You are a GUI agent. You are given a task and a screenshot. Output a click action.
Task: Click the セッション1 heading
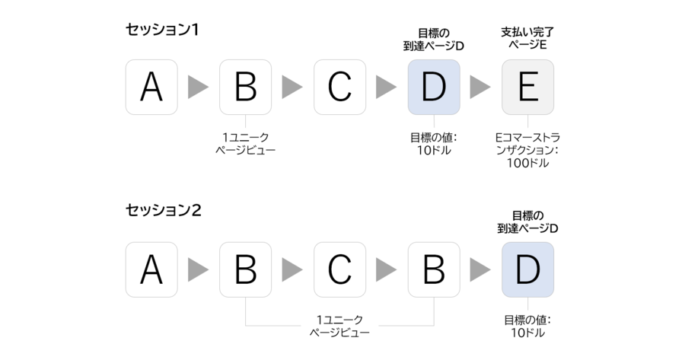tap(162, 30)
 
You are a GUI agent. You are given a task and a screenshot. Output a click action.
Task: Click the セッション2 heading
tap(164, 210)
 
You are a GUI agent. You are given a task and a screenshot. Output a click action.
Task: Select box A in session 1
tap(151, 88)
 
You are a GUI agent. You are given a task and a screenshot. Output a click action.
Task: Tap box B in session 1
tap(246, 88)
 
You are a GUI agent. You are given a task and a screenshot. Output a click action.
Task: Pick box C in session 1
tap(340, 88)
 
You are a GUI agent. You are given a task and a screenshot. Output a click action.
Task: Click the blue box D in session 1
tap(434, 88)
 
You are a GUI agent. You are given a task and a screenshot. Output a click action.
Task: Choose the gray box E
tap(527, 88)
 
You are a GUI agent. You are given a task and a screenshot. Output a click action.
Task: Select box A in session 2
tap(151, 270)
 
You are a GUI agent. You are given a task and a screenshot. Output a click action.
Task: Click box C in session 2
tap(340, 270)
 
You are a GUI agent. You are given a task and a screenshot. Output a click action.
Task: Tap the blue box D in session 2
tap(527, 270)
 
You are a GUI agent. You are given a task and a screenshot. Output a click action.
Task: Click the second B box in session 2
tap(434, 270)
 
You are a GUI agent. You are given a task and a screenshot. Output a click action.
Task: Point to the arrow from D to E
tap(480, 88)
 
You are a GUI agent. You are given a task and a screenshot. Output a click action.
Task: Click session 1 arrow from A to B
tap(199, 88)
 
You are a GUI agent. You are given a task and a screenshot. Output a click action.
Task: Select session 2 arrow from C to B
tap(386, 270)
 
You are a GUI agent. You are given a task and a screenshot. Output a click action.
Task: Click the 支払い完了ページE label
tap(527, 39)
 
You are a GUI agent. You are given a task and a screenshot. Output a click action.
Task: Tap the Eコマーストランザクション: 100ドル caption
tap(527, 150)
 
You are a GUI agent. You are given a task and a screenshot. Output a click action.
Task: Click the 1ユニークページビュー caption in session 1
tap(246, 144)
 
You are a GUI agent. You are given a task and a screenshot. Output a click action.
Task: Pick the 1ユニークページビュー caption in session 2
tap(340, 326)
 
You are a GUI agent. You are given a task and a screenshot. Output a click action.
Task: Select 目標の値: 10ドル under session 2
tap(527, 327)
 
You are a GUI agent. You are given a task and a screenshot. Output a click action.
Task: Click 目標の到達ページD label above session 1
tap(433, 40)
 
